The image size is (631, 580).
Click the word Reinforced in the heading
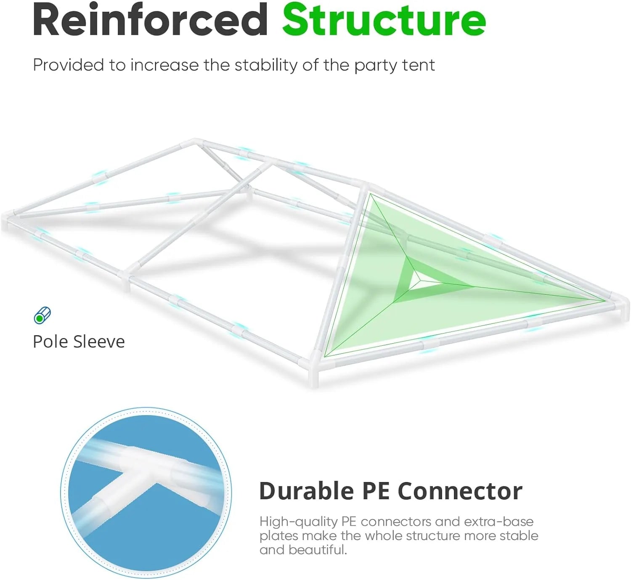click(x=150, y=20)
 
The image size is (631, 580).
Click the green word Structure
click(x=384, y=20)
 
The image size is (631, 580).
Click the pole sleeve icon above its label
click(x=42, y=315)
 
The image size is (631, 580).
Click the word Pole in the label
click(x=50, y=342)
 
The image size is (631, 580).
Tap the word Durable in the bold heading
click(x=307, y=491)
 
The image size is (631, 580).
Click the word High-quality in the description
click(x=298, y=522)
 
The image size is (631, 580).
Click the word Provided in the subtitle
click(x=69, y=65)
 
